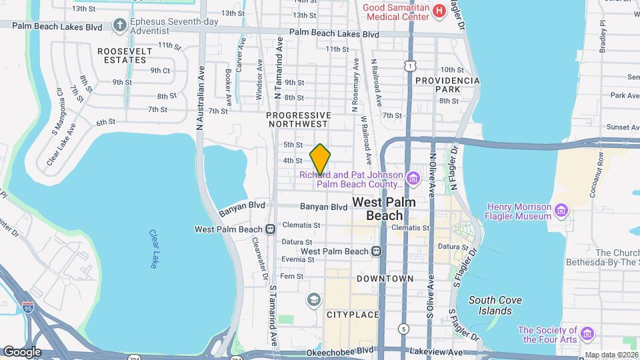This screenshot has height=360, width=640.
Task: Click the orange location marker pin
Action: [320, 159]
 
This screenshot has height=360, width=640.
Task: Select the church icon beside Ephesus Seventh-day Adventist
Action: [120, 25]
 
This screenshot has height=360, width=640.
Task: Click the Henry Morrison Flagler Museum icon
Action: [562, 211]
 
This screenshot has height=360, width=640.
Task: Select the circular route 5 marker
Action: [403, 329]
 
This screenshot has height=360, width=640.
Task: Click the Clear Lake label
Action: [153, 250]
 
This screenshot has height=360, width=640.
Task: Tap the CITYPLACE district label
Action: [352, 313]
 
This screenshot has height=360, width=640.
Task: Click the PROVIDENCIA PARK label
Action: [447, 84]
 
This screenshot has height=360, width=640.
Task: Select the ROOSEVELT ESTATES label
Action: [121, 55]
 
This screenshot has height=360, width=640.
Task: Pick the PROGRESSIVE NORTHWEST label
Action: [298, 119]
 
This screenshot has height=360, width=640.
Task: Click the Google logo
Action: [22, 351]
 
